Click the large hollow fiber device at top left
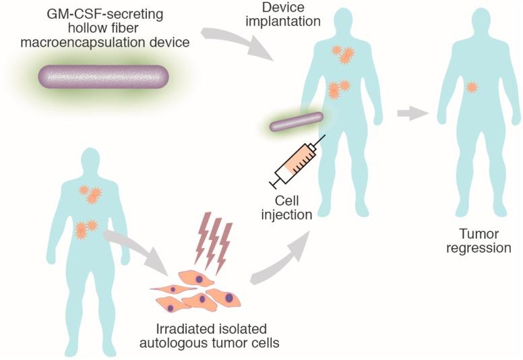coord(103,78)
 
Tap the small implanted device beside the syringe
coord(297,121)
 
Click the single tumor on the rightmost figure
coord(472,86)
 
